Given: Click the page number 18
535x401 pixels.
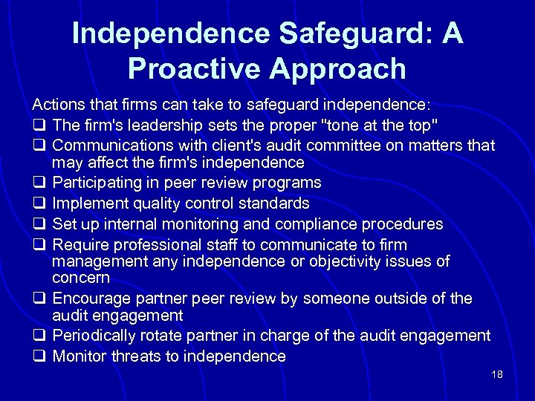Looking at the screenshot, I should click(497, 374).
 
